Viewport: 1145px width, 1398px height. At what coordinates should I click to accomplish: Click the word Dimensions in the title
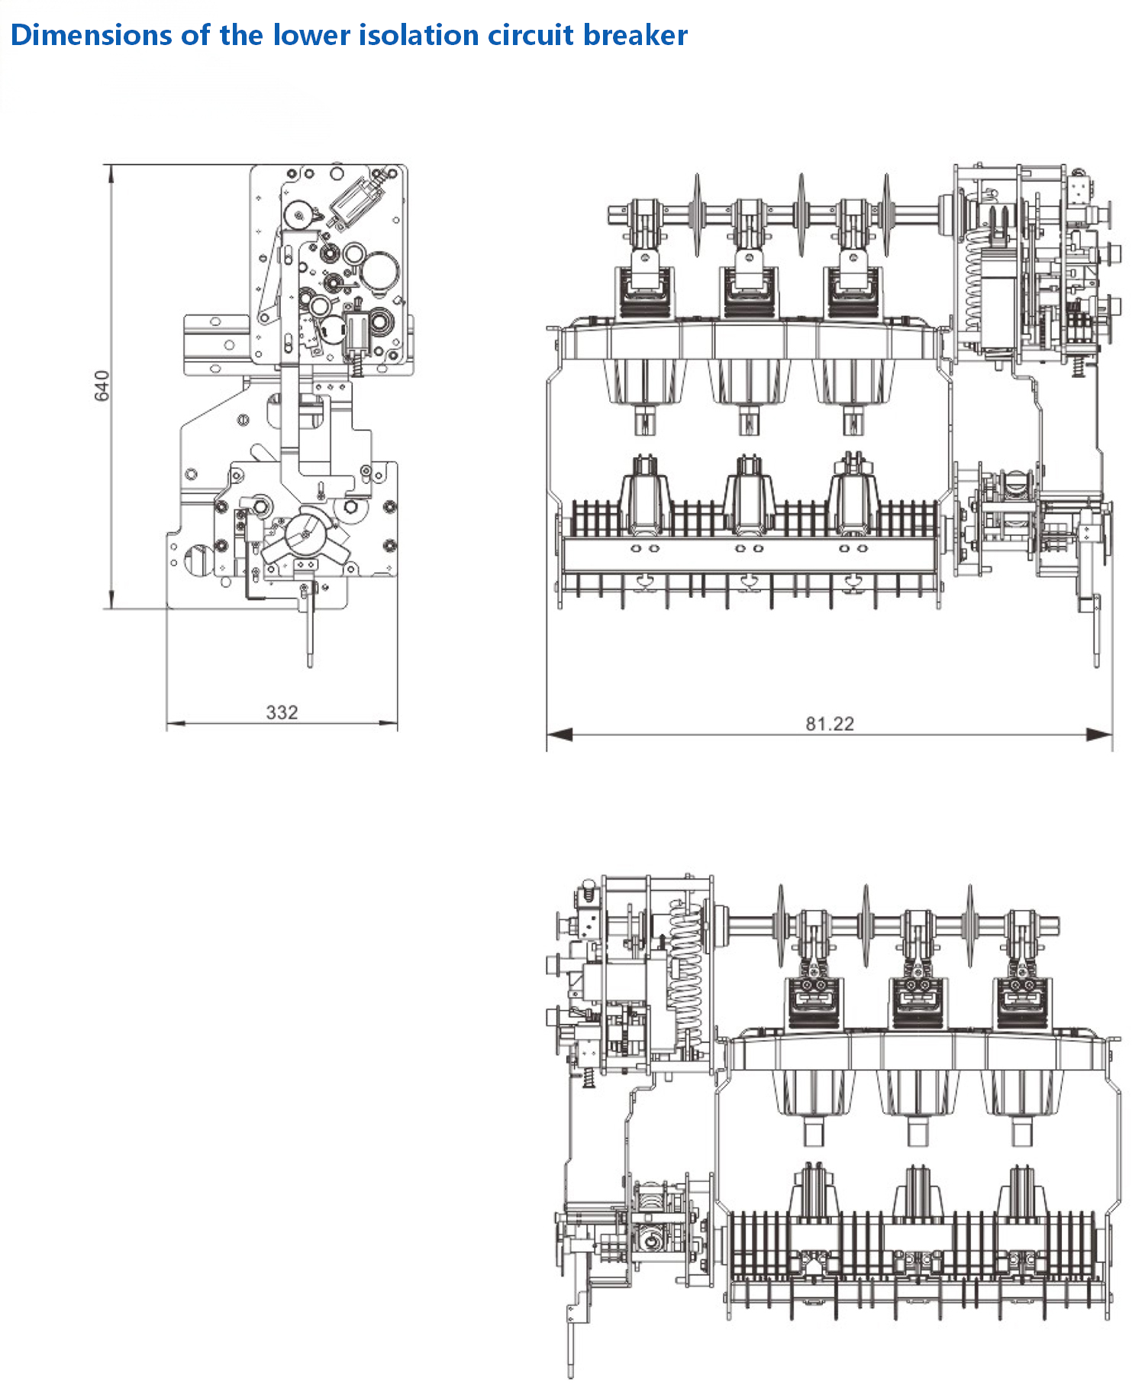point(91,35)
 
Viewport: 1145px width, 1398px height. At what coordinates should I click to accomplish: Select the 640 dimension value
point(102,386)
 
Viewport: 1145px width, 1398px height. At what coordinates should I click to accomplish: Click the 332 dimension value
point(282,712)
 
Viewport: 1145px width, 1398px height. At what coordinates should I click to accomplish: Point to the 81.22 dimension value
point(830,723)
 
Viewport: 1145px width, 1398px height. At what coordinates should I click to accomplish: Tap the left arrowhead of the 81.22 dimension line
point(560,735)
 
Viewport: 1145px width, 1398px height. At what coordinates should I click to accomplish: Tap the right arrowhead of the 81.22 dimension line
point(1100,735)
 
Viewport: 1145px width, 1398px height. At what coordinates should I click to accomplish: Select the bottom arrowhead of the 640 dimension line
point(111,599)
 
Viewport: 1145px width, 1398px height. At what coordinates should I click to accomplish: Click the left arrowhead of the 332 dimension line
point(176,723)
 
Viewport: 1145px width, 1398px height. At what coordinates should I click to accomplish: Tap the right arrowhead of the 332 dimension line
point(389,723)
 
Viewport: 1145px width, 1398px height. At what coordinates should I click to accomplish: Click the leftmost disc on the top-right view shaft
point(697,215)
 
